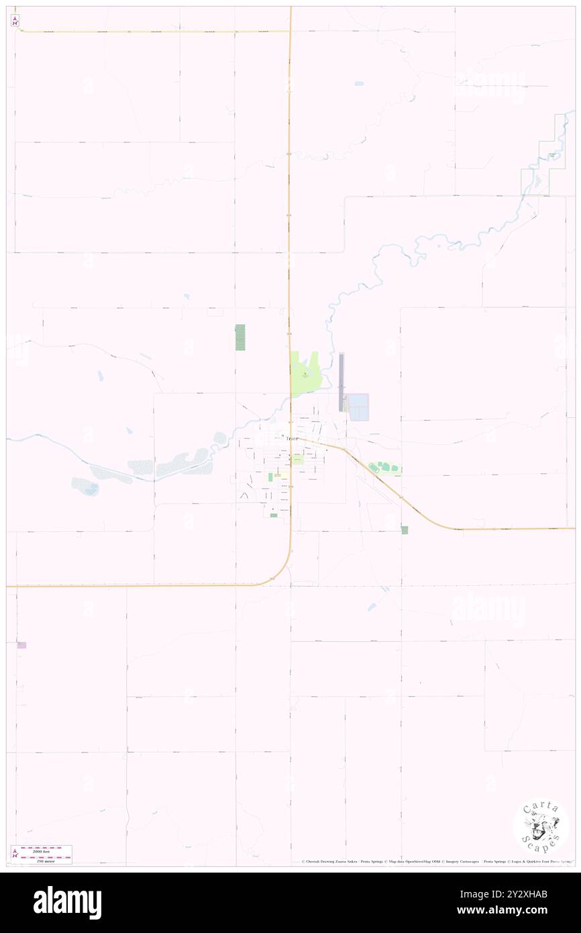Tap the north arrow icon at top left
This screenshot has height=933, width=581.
click(x=15, y=21)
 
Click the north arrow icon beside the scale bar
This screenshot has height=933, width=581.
click(x=15, y=853)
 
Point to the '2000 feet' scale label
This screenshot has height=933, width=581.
click(x=44, y=850)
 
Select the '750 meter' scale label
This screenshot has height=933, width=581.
click(x=44, y=858)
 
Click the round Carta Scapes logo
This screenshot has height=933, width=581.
click(x=541, y=827)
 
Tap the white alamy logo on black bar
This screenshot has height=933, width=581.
click(x=67, y=903)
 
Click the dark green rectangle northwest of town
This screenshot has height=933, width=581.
click(x=240, y=337)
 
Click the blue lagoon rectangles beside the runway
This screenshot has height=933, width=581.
click(x=358, y=407)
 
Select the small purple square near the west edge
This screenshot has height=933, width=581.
click(x=21, y=645)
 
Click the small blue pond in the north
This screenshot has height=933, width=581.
click(x=359, y=84)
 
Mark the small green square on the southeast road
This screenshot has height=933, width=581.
click(x=405, y=530)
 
